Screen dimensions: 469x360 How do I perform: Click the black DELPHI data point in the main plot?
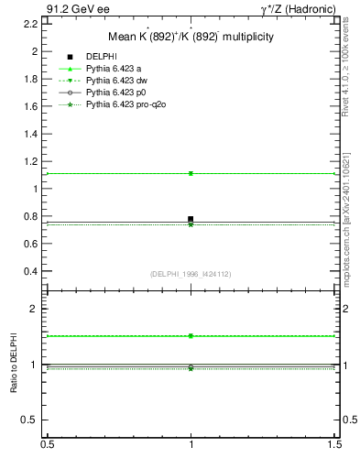(191, 219)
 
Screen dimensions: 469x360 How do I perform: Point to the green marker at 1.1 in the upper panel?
(191, 173)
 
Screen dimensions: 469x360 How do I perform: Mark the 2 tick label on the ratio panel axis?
(34, 310)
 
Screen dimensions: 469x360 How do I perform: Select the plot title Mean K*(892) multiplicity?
(191, 38)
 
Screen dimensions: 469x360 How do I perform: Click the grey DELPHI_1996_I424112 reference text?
(191, 274)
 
